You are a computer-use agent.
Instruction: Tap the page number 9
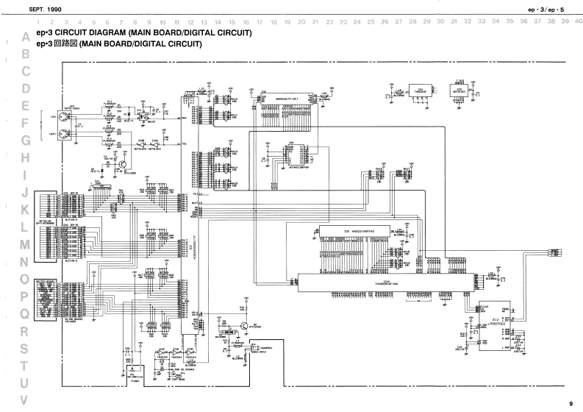571,402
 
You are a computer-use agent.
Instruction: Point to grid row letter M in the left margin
26,244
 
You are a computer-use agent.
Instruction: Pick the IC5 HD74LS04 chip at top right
457,95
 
